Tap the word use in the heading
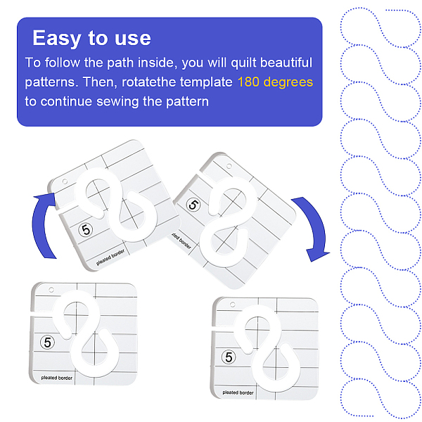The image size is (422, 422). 133,39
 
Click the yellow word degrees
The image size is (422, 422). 288,82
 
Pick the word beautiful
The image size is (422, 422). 286,63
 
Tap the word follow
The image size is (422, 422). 62,63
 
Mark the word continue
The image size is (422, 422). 66,101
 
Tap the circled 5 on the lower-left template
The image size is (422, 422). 47,343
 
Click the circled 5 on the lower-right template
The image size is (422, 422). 229,357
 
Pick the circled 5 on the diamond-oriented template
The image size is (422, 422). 193,205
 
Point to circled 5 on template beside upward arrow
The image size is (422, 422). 86,229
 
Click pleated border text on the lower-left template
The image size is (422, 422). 57,378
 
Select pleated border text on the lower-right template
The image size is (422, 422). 238,392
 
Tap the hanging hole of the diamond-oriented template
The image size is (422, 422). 229,166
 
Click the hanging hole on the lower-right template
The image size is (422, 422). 233,305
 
